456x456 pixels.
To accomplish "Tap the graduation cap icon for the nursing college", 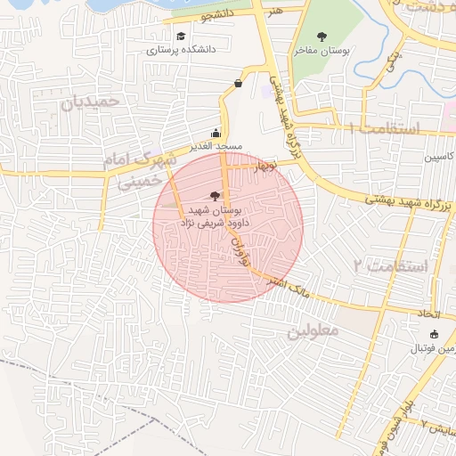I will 181,37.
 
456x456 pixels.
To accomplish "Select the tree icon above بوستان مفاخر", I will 322,37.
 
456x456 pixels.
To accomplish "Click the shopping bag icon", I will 239,84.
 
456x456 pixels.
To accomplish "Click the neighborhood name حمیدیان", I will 90,103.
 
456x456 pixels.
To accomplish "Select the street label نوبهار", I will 265,167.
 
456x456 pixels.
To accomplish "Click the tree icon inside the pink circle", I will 214,195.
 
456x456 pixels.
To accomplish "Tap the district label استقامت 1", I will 384,129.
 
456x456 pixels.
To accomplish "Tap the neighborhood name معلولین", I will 312,330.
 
